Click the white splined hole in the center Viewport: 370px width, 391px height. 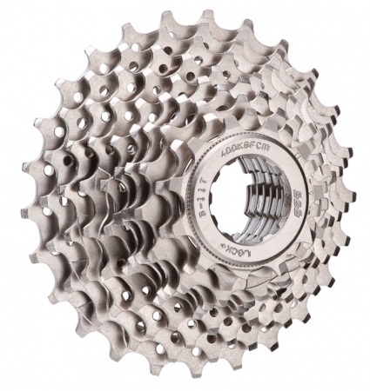[x=241, y=207]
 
